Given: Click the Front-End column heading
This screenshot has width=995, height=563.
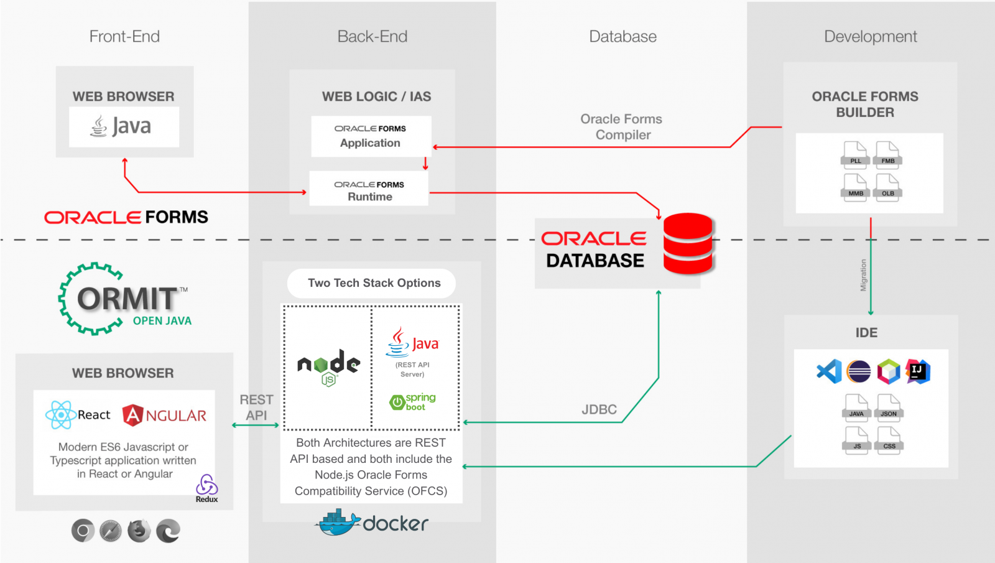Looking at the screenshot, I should pos(124,37).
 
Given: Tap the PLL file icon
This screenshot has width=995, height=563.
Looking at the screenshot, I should pos(855,155).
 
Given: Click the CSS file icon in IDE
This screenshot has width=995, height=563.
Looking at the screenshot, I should pos(889,440).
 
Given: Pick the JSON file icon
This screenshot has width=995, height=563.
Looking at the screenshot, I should pos(889,408).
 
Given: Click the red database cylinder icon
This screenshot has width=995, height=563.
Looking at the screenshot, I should pos(688,244).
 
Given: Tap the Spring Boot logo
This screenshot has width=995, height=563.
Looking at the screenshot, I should pos(412,402).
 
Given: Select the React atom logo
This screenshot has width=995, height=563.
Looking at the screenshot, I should pos(61,415).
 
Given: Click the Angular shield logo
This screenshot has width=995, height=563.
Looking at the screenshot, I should pos(132,415).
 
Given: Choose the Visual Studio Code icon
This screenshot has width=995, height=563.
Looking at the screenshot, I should pos(829,372).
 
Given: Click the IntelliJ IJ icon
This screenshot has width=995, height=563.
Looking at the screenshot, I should pos(918,372).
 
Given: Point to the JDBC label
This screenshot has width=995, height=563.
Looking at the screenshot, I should pos(599,409).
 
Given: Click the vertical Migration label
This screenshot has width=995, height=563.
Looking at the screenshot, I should pos(863,275).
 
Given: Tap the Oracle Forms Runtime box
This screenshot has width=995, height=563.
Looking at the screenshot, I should pos(369,189).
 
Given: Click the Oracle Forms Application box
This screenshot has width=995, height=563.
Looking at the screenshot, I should pos(371,136).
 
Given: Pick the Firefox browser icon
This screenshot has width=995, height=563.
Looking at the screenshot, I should pos(139,531).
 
